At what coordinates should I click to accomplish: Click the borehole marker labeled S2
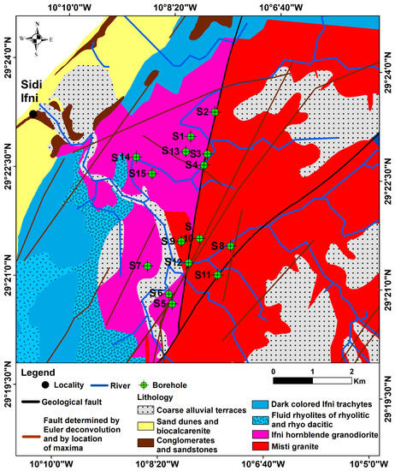click(x=215, y=112)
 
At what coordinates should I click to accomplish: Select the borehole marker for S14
click(x=136, y=157)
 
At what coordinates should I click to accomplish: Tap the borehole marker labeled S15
click(x=152, y=174)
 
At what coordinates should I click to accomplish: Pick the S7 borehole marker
click(x=147, y=265)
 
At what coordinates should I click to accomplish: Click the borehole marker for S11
click(x=218, y=274)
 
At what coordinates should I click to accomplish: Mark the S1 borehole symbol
click(x=192, y=136)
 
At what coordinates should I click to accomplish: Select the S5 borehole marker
click(x=172, y=303)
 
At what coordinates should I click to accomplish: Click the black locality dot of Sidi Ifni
click(x=32, y=113)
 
